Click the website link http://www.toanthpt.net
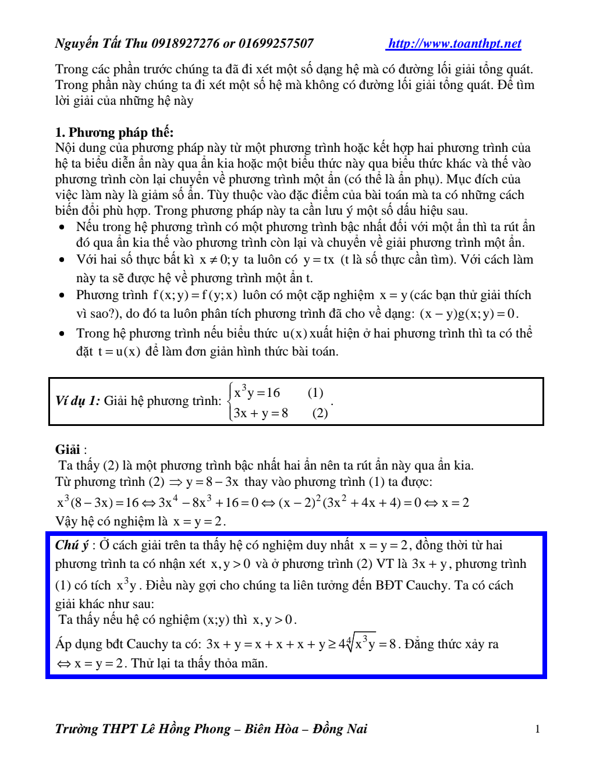(x=455, y=44)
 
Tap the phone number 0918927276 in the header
(x=186, y=44)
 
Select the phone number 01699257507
(x=276, y=44)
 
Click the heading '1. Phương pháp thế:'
(x=114, y=132)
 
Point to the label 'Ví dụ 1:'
(x=77, y=401)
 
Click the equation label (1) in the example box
(x=315, y=393)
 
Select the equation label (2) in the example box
(x=320, y=413)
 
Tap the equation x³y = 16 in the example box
(x=257, y=393)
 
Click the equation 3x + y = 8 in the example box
(x=261, y=413)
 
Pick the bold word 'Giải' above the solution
(x=68, y=449)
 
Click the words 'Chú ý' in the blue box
(x=72, y=545)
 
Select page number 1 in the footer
(x=537, y=729)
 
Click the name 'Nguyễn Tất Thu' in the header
(x=101, y=44)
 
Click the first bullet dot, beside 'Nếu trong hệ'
(x=62, y=227)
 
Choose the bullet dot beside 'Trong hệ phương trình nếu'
(x=62, y=333)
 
